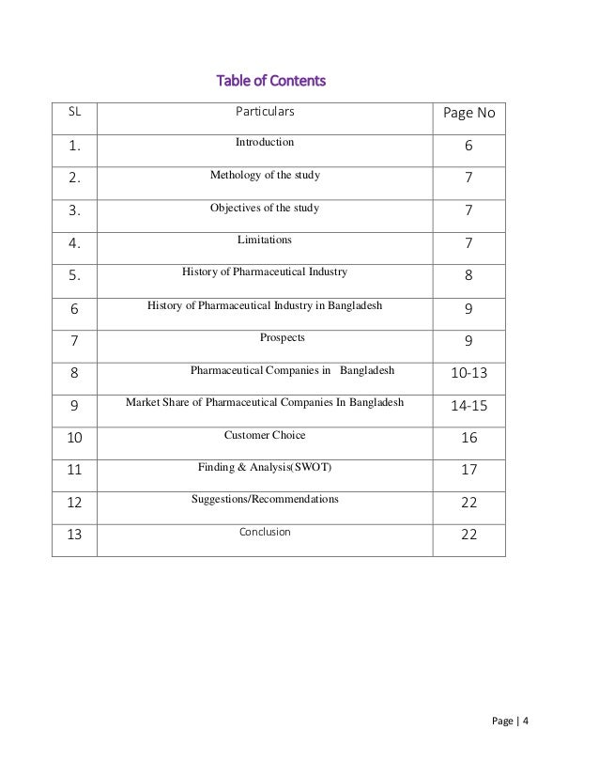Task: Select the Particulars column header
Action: tap(264, 112)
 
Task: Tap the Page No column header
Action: tap(468, 115)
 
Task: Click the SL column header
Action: tap(74, 112)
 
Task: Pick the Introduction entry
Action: tap(264, 142)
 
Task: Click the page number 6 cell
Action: tap(468, 148)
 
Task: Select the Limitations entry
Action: tap(264, 240)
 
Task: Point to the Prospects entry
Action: tap(282, 337)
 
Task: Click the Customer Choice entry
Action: tap(265, 435)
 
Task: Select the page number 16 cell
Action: tap(468, 440)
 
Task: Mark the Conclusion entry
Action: tap(264, 532)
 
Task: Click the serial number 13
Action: tap(75, 535)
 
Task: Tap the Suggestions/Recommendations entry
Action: tap(265, 499)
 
